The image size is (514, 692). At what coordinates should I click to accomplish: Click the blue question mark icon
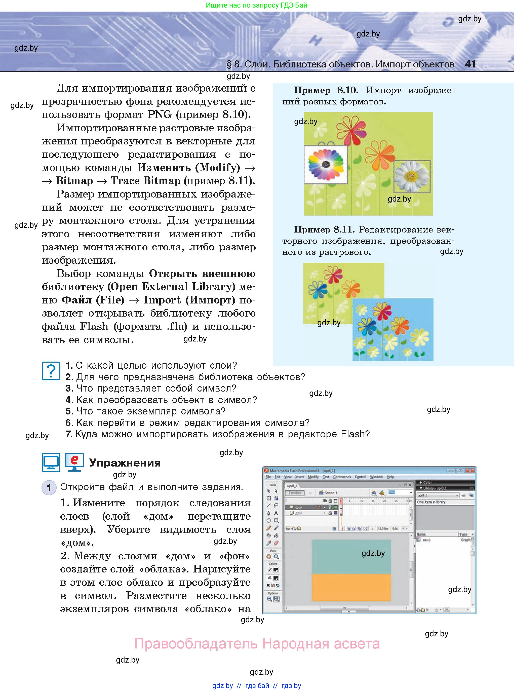(x=51, y=371)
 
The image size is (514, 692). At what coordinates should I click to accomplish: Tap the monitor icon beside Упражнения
(x=51, y=462)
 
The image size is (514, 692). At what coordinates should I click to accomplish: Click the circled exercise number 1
(x=49, y=487)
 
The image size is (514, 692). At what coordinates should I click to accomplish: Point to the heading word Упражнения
(x=125, y=463)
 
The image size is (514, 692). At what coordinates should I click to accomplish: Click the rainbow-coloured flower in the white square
(x=326, y=164)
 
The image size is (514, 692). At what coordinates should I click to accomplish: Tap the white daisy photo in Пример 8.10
(x=412, y=176)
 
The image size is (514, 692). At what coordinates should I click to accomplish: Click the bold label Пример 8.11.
(x=324, y=230)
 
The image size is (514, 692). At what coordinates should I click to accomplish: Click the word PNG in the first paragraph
(x=159, y=114)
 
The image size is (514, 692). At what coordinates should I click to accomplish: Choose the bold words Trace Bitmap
(x=145, y=181)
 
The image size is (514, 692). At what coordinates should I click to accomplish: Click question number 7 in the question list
(x=69, y=434)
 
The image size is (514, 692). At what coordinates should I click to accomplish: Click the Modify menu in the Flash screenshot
(x=313, y=477)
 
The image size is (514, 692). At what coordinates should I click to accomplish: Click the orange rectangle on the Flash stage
(x=351, y=587)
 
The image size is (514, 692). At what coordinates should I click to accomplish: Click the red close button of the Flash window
(x=470, y=471)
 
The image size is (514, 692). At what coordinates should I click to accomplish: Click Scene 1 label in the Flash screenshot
(x=330, y=493)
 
